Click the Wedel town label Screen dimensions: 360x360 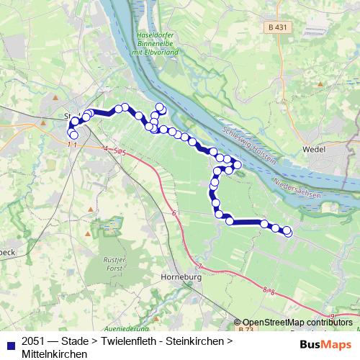pos(336,150)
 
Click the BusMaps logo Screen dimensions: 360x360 pos(325,343)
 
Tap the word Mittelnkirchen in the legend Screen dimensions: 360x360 pos(55,354)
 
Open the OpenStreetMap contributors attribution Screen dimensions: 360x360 pos(297,323)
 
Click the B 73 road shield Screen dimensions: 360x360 pos(246,329)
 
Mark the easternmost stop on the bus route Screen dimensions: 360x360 pos(288,232)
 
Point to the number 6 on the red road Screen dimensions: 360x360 pos(174,214)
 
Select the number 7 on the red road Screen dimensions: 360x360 pos(200,266)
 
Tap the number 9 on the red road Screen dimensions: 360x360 pos(332,316)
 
